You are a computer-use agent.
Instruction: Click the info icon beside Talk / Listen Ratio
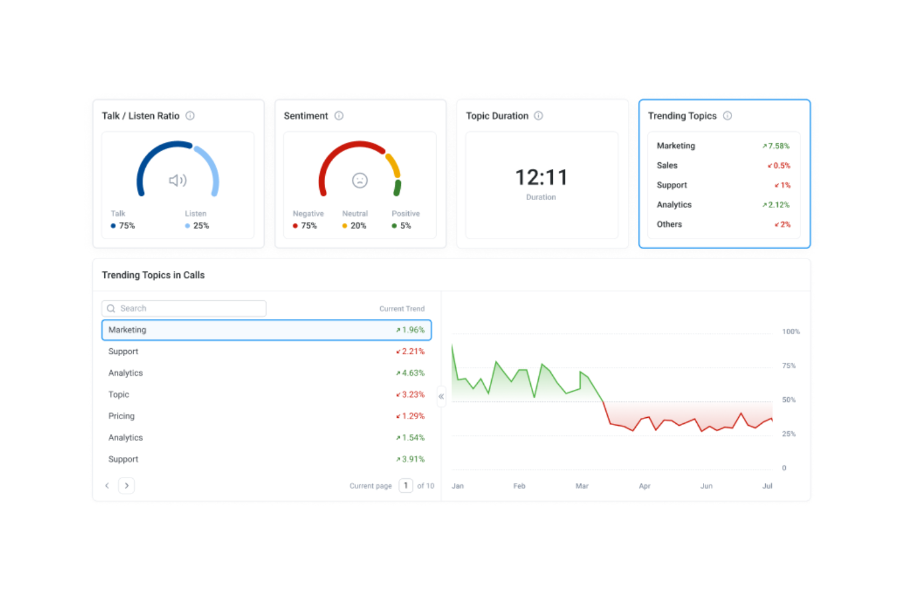coord(190,116)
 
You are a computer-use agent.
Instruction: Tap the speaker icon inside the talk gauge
coord(178,181)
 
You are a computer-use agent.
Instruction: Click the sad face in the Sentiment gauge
coord(360,181)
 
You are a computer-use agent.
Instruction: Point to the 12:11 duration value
coord(541,177)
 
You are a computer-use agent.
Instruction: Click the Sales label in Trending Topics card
coord(667,166)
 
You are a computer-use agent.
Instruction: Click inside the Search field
coord(189,309)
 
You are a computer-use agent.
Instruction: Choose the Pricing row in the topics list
coord(121,417)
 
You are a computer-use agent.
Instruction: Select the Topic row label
coord(118,395)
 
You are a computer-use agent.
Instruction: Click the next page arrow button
coord(126,486)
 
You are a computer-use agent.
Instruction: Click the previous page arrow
coord(107,486)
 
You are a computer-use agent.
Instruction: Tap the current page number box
coord(406,486)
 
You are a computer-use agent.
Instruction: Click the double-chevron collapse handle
coord(441,396)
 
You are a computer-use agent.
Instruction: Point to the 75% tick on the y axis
coord(789,366)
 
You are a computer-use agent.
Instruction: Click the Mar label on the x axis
coord(582,486)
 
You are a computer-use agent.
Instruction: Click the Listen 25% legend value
coord(201,226)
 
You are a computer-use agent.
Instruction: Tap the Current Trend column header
coord(401,309)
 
